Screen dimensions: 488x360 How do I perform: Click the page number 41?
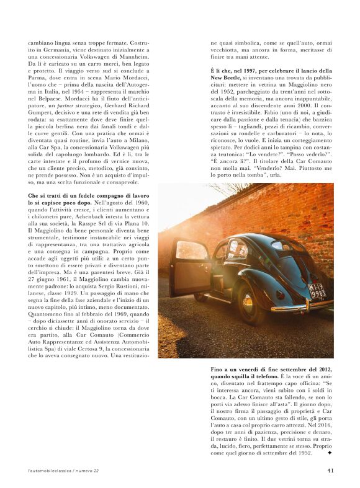(331, 469)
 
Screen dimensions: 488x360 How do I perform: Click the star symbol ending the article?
(330, 453)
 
